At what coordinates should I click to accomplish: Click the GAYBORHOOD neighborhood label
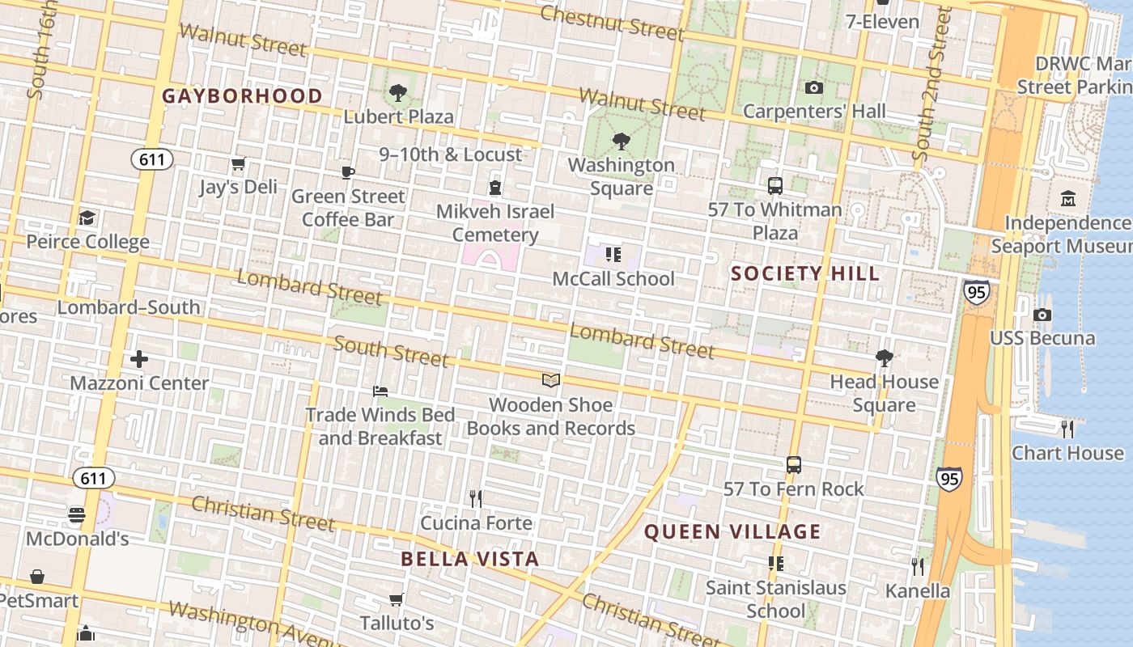tap(242, 96)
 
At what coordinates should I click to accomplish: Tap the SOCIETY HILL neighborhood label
tap(804, 273)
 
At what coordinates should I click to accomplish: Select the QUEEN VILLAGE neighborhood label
tap(732, 531)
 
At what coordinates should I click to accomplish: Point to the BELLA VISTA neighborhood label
tap(469, 559)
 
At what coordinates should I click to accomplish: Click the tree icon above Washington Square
tap(621, 142)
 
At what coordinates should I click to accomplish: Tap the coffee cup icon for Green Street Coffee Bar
tap(347, 172)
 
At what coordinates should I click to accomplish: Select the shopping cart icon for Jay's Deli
tap(238, 164)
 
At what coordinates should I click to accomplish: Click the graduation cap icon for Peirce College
tap(87, 218)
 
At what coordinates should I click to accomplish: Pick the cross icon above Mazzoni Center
tap(139, 358)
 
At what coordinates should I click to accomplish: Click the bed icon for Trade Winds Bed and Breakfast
tap(380, 391)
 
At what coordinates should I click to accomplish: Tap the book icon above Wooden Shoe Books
tap(550, 380)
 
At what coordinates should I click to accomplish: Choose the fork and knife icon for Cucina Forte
tap(476, 498)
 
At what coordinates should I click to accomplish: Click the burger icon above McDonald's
tap(77, 514)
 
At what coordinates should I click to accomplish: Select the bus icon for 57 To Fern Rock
tap(793, 465)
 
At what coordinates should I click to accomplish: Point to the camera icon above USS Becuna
tap(1042, 315)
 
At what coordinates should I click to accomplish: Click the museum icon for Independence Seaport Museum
tap(1067, 198)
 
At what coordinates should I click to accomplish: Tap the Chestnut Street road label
tap(612, 22)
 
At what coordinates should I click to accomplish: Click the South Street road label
tap(391, 352)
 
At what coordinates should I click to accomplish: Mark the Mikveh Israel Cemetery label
tap(495, 223)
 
